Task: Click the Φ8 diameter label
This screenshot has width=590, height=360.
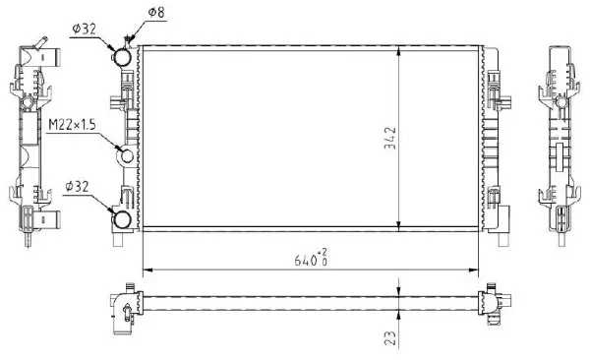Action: [x=155, y=13]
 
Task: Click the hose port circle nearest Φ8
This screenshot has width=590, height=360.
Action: [x=125, y=57]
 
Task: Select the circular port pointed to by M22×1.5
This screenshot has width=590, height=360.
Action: [x=126, y=156]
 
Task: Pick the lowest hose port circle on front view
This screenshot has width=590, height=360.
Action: [x=125, y=218]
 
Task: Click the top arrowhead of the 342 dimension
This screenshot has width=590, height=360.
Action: [x=399, y=49]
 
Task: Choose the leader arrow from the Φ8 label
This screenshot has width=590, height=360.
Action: [x=128, y=37]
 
